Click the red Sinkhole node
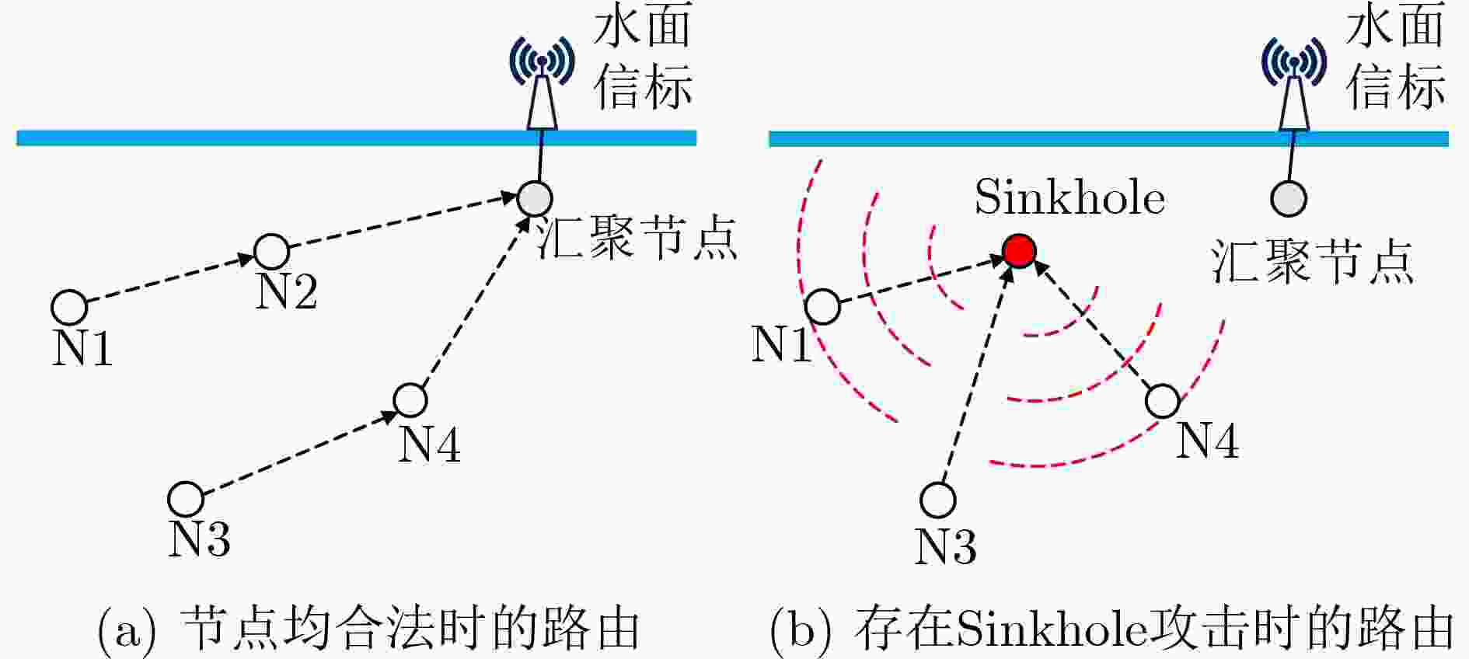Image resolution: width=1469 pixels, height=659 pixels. pyautogui.click(x=1019, y=250)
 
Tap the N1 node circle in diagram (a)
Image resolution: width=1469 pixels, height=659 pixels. pyautogui.click(x=69, y=307)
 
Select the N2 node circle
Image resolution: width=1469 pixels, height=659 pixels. pyautogui.click(x=272, y=251)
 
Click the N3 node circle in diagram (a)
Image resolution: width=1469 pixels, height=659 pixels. pyautogui.click(x=186, y=499)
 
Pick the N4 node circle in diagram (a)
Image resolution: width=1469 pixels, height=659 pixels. pyautogui.click(x=410, y=399)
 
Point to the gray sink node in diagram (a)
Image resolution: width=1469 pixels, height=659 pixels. pyautogui.click(x=535, y=197)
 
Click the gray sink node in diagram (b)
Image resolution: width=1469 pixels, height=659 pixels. pyautogui.click(x=1288, y=198)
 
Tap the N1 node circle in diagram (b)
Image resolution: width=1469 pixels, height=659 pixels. pyautogui.click(x=822, y=306)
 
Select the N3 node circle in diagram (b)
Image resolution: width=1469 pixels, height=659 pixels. pyautogui.click(x=937, y=500)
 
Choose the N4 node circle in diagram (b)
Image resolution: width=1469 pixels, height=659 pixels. pyautogui.click(x=1163, y=400)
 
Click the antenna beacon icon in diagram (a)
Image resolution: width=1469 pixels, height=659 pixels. pyautogui.click(x=542, y=82)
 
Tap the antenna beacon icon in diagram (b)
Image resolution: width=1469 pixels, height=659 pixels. pyautogui.click(x=1294, y=83)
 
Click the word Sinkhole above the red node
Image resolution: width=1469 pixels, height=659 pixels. pyautogui.click(x=1069, y=197)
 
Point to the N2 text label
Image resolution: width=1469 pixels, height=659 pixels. pyautogui.click(x=287, y=291)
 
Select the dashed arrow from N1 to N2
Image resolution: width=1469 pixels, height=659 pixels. pyautogui.click(x=171, y=279)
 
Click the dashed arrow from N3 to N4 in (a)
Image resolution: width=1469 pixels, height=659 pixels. pyautogui.click(x=298, y=449)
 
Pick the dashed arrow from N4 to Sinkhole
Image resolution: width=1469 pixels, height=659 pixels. pyautogui.click(x=1092, y=325)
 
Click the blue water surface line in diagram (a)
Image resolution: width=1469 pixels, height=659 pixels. pyautogui.click(x=356, y=138)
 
